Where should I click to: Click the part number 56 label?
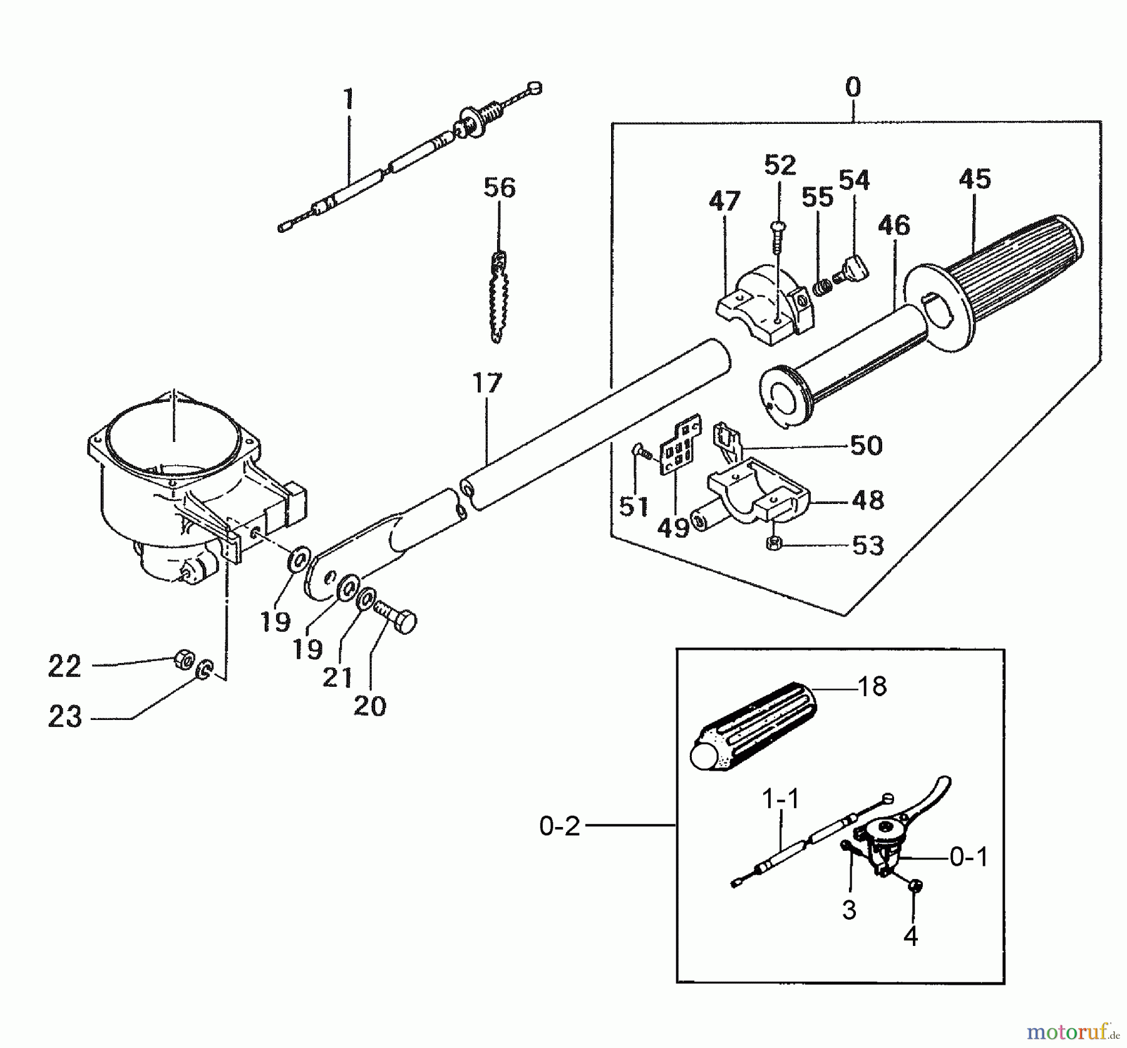click(x=499, y=188)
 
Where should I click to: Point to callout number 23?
click(x=64, y=717)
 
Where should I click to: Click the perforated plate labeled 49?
click(x=680, y=446)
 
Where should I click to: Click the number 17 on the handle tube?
click(x=487, y=383)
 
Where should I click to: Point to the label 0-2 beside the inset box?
click(x=560, y=826)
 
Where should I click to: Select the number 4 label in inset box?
click(x=910, y=937)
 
